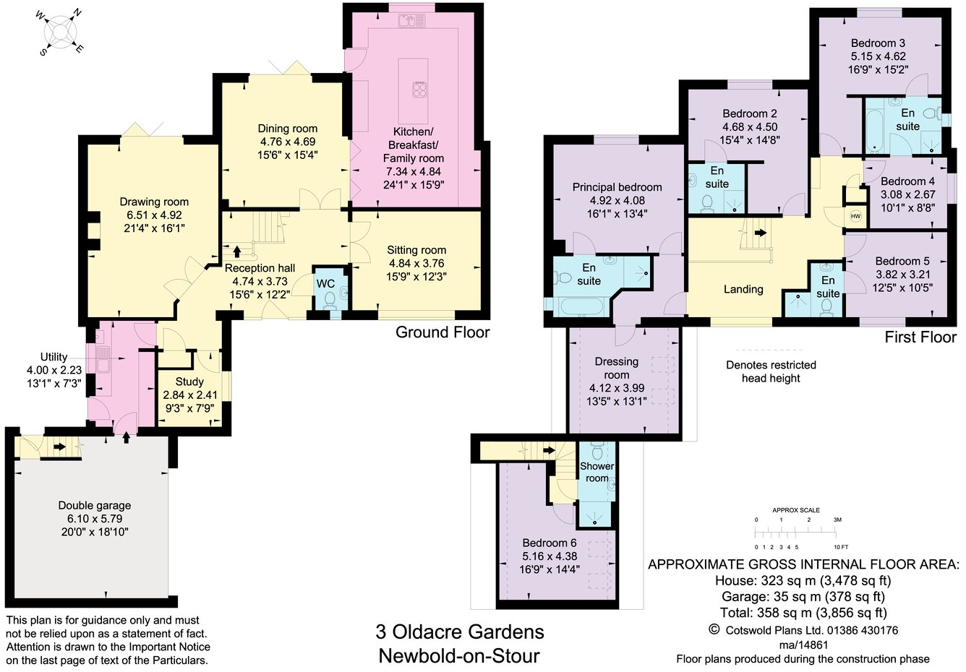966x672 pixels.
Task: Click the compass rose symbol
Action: [x=61, y=33]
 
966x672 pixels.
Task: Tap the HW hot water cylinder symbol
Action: [x=855, y=216]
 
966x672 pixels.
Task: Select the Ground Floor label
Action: [x=443, y=332]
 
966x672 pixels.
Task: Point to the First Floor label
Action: [x=920, y=337]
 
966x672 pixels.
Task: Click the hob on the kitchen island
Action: [x=420, y=90]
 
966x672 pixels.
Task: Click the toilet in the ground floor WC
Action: [x=330, y=298]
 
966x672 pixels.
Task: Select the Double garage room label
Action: [x=95, y=506]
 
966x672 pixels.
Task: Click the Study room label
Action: [x=189, y=382]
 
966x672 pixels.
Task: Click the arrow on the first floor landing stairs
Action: [x=760, y=233]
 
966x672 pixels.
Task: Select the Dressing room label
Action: [x=617, y=368]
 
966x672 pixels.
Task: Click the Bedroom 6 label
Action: [x=550, y=543]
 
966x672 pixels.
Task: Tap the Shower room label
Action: [x=597, y=472]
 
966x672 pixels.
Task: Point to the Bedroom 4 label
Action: [x=907, y=181]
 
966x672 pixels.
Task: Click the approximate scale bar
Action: [x=796, y=533]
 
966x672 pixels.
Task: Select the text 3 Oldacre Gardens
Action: [x=459, y=632]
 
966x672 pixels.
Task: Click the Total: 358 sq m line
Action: [x=803, y=613]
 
